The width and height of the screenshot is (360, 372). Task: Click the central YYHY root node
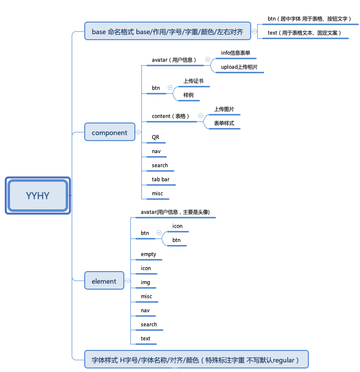(x=38, y=195)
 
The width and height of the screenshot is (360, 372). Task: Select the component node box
(x=109, y=133)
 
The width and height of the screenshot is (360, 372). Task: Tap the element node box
(x=104, y=281)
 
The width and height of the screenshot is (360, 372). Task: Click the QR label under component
(x=155, y=137)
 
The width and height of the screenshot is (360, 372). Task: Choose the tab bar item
(x=160, y=179)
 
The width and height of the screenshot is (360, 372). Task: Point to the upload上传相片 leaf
(x=239, y=67)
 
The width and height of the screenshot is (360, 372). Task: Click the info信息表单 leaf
(x=235, y=53)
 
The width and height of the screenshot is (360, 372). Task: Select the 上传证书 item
(x=193, y=81)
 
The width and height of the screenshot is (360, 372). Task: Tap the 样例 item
(x=188, y=95)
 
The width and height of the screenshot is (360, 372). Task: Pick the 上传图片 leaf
(x=224, y=109)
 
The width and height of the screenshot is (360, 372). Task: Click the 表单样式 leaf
(x=224, y=123)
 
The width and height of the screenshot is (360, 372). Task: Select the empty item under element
(x=148, y=254)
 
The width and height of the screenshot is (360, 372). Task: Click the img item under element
(x=145, y=282)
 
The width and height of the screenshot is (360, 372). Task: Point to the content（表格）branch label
(x=171, y=116)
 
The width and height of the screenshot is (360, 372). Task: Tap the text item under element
(x=145, y=338)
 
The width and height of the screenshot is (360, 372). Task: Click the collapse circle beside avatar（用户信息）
(x=208, y=60)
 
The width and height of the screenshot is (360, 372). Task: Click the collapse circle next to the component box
(x=139, y=133)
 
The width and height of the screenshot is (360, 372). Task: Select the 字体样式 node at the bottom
(x=196, y=360)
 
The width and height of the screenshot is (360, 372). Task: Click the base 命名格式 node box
(x=167, y=32)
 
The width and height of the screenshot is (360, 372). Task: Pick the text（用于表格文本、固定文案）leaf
(x=304, y=33)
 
